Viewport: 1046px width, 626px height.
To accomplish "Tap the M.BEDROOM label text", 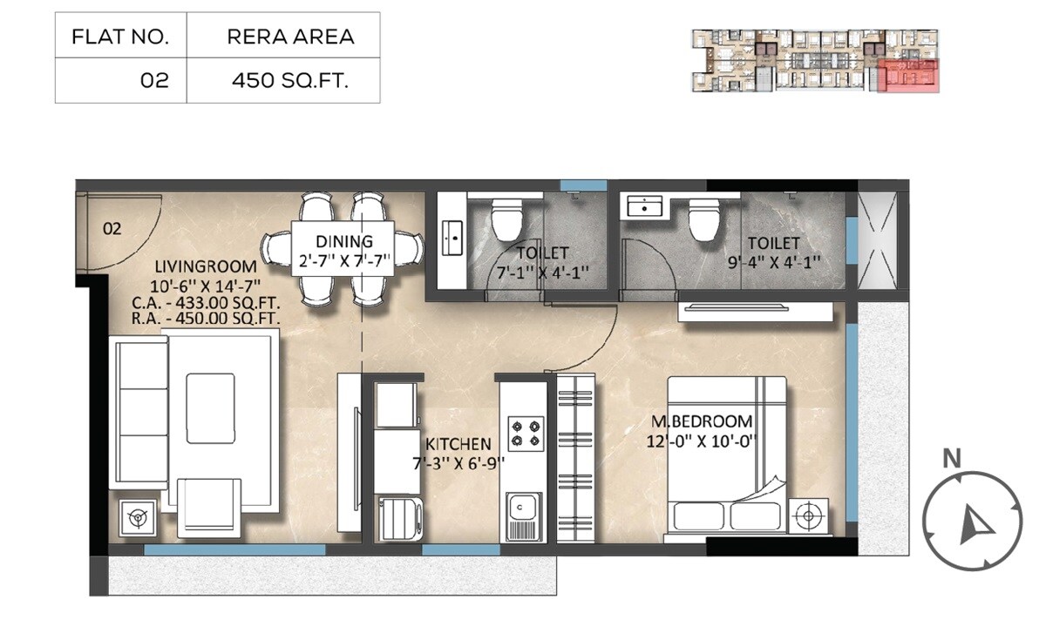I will (x=702, y=421).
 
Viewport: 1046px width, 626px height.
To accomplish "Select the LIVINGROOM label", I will (x=206, y=266).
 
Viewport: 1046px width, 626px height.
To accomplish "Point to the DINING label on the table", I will (x=343, y=241).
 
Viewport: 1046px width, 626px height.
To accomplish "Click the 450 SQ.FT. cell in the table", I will (x=289, y=81).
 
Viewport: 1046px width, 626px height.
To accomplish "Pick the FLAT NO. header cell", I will (x=120, y=37).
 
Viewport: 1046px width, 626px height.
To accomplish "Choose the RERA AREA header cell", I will (x=289, y=37).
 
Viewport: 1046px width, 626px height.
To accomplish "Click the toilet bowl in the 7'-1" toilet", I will (x=505, y=220).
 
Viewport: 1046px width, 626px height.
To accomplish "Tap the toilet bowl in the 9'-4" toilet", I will (x=703, y=220).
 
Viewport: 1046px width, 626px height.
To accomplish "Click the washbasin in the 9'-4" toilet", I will (x=643, y=207).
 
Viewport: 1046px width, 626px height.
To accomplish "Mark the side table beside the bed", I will (x=809, y=516).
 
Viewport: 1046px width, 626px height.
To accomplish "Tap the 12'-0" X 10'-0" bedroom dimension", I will (x=702, y=441).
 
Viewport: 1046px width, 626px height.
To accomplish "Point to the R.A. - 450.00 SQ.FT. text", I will (x=206, y=319).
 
